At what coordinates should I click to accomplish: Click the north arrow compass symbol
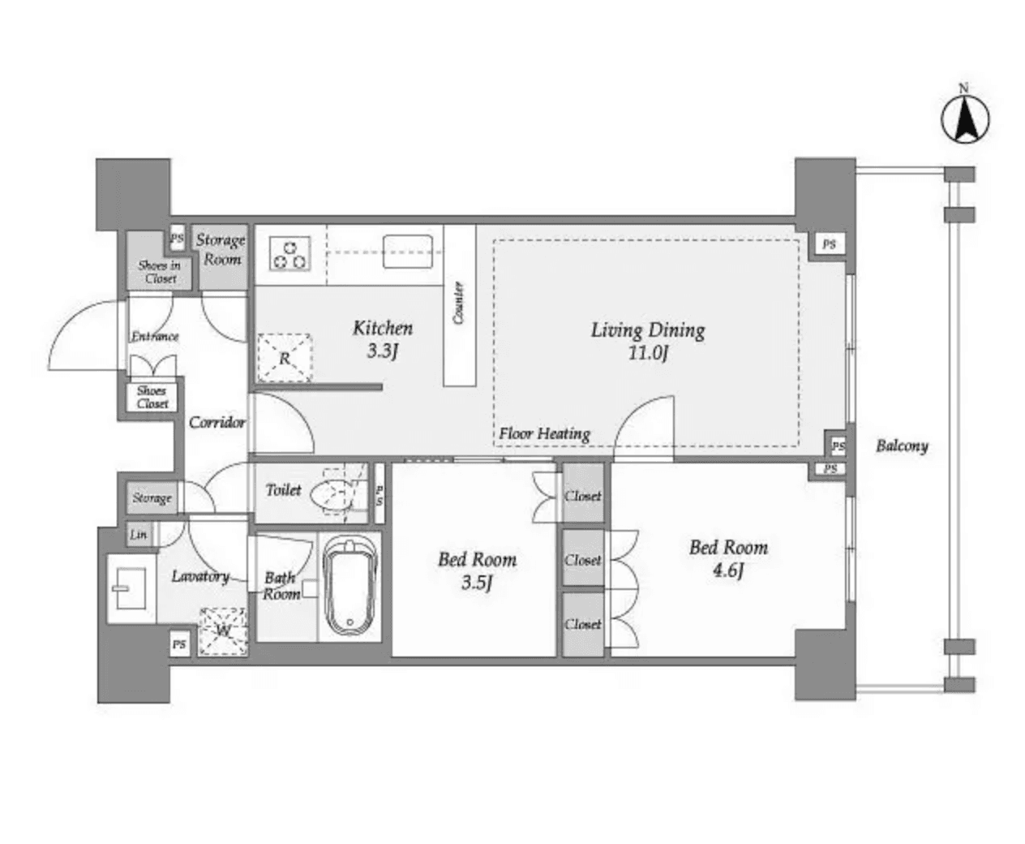click(964, 118)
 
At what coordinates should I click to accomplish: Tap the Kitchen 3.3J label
click(383, 339)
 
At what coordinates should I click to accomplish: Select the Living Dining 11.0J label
click(647, 341)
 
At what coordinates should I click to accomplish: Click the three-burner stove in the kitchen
click(290, 252)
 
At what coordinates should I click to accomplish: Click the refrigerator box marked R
click(285, 357)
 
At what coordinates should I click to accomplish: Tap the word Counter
click(459, 303)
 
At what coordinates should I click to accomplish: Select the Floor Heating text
click(544, 433)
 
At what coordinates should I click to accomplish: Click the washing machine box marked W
click(222, 631)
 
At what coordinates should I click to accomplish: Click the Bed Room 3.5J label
click(477, 571)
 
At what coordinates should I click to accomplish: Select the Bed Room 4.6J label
click(728, 558)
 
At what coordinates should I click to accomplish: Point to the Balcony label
click(902, 446)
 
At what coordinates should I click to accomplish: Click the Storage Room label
click(221, 249)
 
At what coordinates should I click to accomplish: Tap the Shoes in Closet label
click(159, 272)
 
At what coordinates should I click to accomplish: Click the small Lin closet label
click(139, 535)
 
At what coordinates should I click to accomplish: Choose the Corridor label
click(217, 422)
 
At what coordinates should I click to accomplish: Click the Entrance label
click(155, 336)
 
